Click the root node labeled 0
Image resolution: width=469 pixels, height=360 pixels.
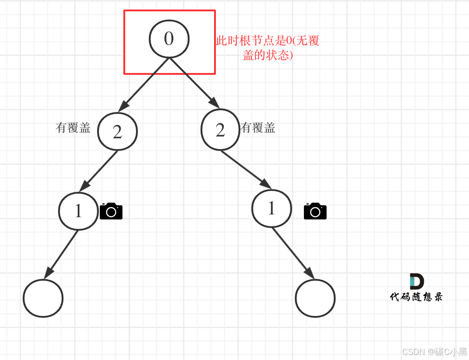169,39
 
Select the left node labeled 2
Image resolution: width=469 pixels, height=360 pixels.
117,131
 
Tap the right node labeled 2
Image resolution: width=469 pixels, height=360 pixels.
220,130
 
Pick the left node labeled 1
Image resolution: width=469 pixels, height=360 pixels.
78,211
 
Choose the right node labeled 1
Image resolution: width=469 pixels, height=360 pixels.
271,208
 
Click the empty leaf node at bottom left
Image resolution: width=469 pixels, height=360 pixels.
43,298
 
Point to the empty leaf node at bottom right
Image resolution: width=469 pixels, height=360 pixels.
315,298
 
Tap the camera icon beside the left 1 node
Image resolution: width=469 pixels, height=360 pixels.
111,211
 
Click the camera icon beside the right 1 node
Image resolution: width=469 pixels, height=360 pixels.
315,211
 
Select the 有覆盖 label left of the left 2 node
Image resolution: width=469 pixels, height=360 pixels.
73,128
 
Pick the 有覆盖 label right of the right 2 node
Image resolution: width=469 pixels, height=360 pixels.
258,128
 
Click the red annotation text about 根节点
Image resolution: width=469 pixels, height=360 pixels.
268,48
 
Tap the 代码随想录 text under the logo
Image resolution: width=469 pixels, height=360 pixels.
416,297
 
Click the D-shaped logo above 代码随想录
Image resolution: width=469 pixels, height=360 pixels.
416,281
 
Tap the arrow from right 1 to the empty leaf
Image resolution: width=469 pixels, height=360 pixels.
293,253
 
